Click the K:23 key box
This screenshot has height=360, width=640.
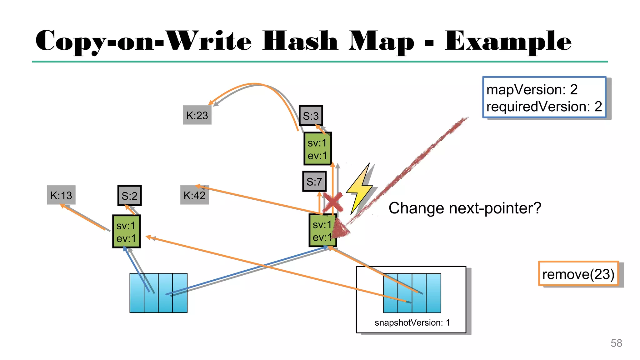[197, 115]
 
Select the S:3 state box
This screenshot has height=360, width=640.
[311, 116]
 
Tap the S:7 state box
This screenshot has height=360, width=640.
[314, 181]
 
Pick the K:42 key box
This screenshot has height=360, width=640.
[194, 195]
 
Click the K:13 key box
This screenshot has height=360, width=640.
[61, 195]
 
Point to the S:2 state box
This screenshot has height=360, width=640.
[129, 196]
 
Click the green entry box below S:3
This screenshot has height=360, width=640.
[317, 149]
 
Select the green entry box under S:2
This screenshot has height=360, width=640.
[126, 232]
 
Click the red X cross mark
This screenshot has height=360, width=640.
[332, 202]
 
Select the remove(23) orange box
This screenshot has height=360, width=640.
[578, 274]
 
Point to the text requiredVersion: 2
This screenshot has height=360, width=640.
[544, 107]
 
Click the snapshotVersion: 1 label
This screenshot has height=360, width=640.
[412, 322]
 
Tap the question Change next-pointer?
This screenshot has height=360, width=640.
[465, 208]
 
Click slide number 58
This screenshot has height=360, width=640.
[616, 343]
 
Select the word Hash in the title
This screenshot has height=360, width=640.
[300, 41]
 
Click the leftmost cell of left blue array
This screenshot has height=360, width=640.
[137, 293]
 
